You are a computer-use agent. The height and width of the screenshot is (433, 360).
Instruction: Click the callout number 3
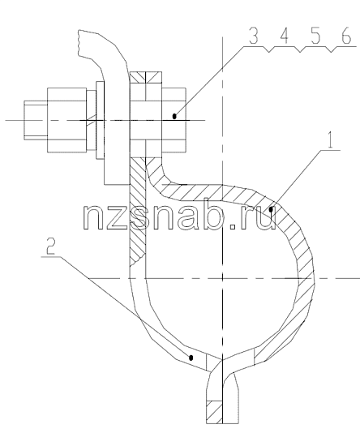point(254,36)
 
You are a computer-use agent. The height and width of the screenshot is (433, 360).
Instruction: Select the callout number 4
point(285,36)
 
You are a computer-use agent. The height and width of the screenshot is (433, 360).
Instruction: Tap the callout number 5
point(315,36)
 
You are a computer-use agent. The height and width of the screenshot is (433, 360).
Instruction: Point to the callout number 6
point(346,36)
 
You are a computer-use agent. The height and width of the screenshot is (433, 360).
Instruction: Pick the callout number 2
point(50,247)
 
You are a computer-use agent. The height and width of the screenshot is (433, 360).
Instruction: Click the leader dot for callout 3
point(174,116)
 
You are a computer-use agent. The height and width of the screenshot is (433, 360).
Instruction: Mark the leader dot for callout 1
point(271,210)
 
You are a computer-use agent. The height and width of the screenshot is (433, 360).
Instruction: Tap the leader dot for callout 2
point(191,358)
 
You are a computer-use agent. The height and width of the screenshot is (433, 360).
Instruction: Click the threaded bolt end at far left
point(36,120)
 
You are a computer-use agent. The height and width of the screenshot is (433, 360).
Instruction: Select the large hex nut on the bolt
point(66,120)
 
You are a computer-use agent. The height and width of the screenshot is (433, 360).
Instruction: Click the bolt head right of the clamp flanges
point(174,120)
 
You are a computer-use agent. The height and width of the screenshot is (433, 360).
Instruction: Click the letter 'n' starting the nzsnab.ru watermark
point(95,217)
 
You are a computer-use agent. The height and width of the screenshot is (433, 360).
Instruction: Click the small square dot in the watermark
point(234,227)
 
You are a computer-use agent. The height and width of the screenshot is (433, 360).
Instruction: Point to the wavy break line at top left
point(79,43)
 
